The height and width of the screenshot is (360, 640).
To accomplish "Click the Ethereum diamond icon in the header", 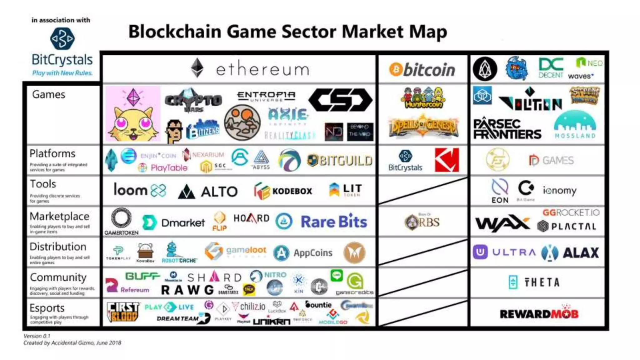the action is [197, 68].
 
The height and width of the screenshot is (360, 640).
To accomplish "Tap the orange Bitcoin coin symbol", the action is [396, 69].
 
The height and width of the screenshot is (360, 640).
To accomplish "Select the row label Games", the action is [48, 94].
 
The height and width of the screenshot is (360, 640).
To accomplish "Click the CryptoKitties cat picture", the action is [133, 114].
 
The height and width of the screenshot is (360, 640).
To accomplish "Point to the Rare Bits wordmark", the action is [334, 222].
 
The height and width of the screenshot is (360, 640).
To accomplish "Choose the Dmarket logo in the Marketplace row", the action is [173, 222].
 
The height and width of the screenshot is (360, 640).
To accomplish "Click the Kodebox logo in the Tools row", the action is [283, 191].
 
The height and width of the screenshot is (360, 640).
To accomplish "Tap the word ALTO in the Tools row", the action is [219, 192].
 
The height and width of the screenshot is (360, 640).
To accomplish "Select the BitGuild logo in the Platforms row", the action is [340, 161].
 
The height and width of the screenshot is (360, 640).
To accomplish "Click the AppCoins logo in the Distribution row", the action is [303, 253].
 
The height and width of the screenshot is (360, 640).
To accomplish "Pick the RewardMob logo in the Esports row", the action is [539, 313].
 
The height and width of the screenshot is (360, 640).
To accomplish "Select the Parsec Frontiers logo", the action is [507, 129].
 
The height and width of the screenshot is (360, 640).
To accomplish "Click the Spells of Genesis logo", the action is [423, 126].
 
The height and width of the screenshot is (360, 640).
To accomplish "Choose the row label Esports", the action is [47, 308].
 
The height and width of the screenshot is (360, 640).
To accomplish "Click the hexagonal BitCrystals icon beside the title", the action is [62, 38].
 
